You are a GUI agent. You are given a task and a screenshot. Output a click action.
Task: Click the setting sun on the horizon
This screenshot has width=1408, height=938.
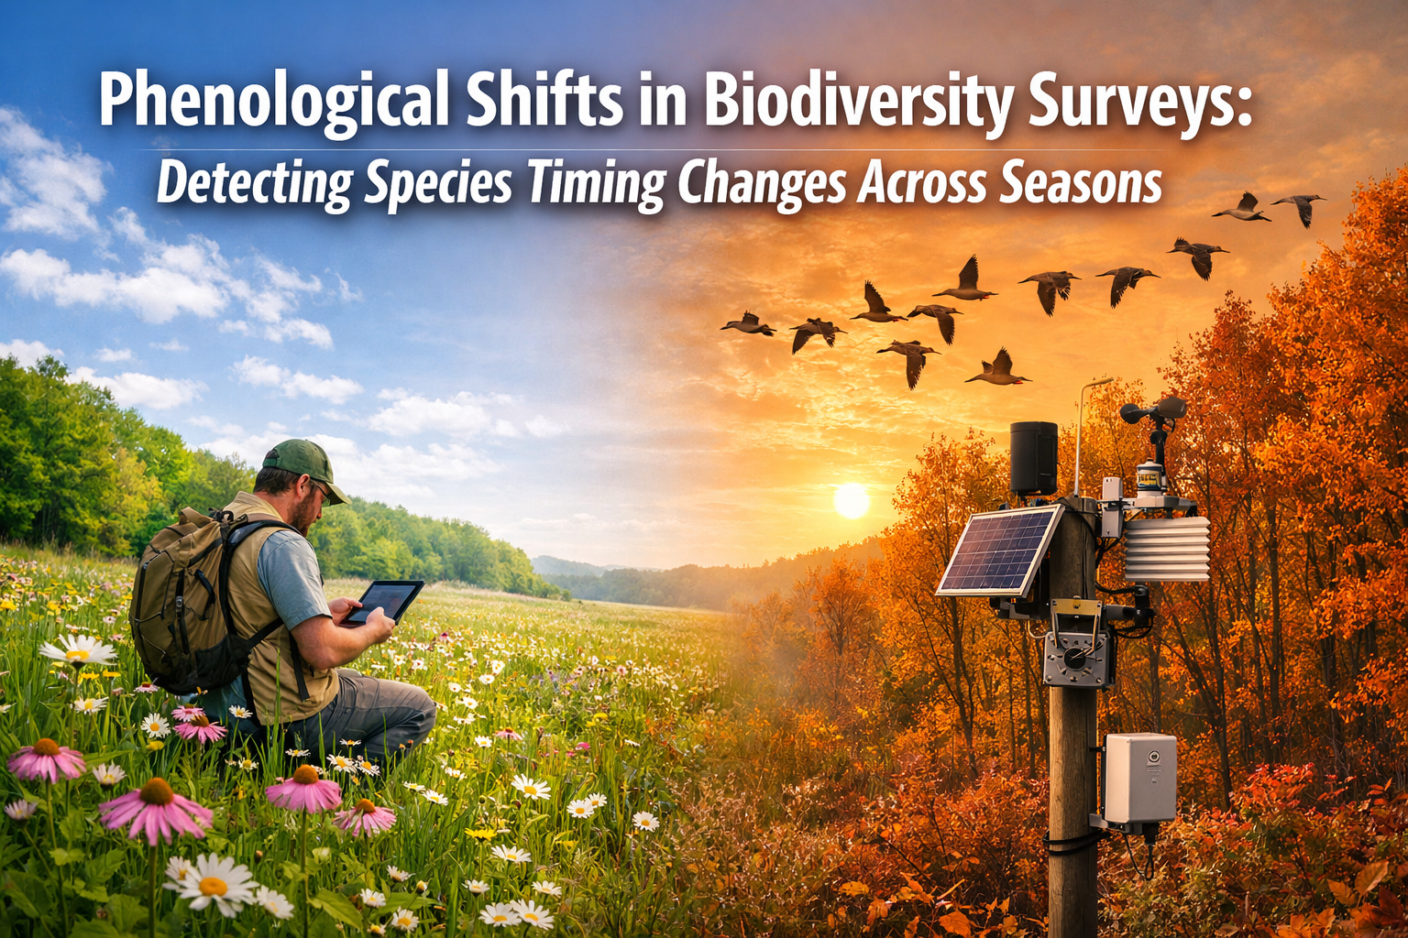tap(851, 500)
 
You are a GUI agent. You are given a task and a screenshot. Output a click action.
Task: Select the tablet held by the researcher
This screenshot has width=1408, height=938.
tap(383, 602)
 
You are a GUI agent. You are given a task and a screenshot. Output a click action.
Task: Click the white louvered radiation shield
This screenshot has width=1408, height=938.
tap(1166, 548)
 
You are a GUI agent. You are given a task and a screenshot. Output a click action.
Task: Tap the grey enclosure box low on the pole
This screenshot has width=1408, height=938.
tap(1139, 778)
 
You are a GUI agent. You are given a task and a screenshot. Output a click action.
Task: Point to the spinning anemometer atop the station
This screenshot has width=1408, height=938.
tap(1153, 412)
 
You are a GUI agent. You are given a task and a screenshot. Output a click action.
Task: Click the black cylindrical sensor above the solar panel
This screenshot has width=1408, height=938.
tap(1034, 457)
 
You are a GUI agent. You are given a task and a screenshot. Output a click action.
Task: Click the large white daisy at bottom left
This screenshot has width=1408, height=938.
tap(213, 883)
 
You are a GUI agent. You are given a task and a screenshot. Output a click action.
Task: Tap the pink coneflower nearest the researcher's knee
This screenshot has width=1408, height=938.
tap(304, 790)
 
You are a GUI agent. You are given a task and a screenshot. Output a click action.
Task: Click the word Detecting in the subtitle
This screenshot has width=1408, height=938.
tap(254, 183)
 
